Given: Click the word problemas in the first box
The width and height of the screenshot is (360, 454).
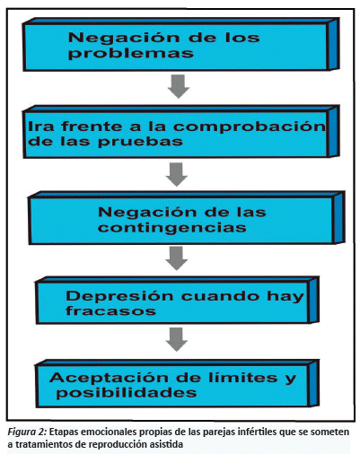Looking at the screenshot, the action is click(x=131, y=54).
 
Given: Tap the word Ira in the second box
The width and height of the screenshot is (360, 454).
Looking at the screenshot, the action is click(x=41, y=127).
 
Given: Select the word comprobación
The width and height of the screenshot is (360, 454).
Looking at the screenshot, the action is click(x=250, y=127).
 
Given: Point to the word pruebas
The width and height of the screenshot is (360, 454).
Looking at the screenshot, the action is click(x=140, y=142).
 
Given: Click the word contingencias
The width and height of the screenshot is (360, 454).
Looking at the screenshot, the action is click(x=172, y=228).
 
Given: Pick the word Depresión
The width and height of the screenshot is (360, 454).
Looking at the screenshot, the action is click(x=119, y=297).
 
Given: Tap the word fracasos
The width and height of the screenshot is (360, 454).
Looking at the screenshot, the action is click(x=111, y=310).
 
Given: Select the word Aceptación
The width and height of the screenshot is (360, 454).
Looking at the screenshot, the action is click(x=110, y=379).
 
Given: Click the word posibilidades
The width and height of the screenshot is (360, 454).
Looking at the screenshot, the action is click(x=127, y=393).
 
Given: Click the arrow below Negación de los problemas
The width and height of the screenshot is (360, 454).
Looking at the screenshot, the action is click(x=179, y=86).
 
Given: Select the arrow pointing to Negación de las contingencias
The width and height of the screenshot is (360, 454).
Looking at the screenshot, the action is click(x=177, y=174).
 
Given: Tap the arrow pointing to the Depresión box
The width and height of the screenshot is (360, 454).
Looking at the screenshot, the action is click(x=176, y=258).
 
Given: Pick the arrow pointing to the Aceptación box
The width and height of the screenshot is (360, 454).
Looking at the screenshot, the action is click(x=177, y=339).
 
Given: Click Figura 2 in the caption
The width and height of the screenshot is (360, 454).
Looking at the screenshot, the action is click(x=27, y=432).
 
